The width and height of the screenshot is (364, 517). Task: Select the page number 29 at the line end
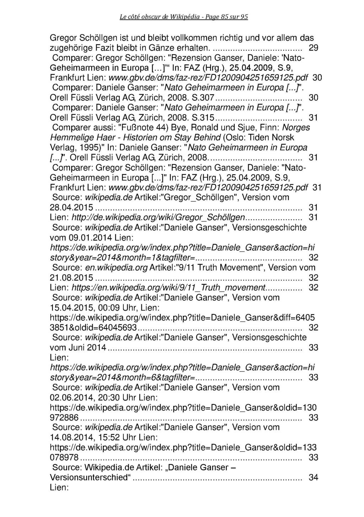click(x=313, y=48)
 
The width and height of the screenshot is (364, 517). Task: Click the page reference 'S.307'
click(x=203, y=97)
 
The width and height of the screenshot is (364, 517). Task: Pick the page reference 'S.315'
click(x=203, y=117)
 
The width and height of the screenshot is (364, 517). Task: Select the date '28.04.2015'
click(x=71, y=207)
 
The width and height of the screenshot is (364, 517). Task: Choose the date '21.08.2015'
click(x=71, y=278)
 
